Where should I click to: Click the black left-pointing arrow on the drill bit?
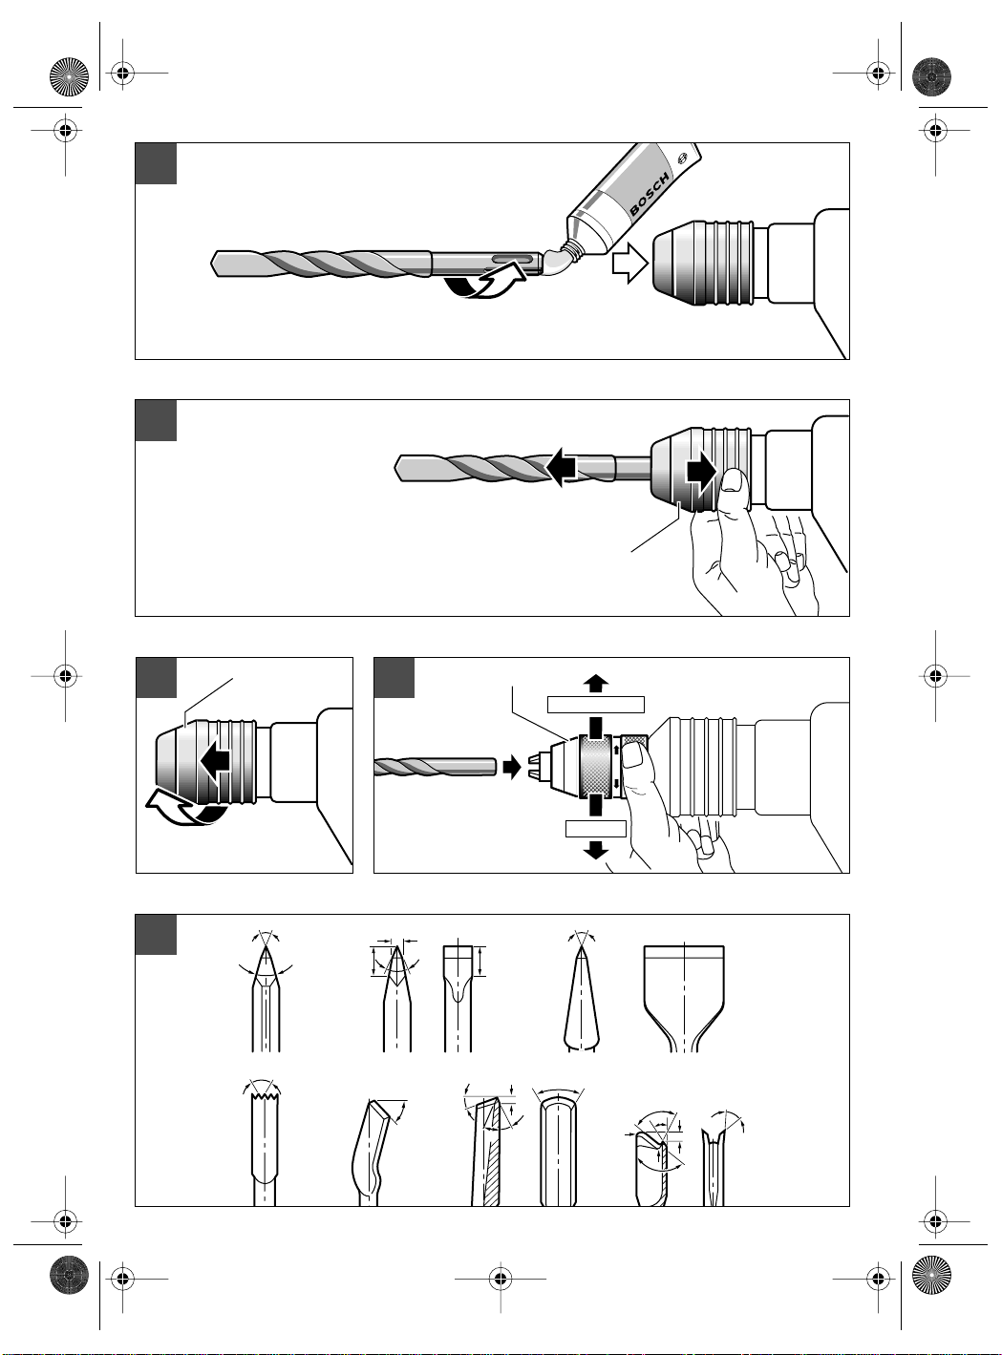pyautogui.click(x=560, y=468)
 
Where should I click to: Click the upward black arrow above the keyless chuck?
pyautogui.click(x=594, y=683)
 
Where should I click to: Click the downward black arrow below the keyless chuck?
pyautogui.click(x=594, y=850)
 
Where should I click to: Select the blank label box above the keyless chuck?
pyautogui.click(x=595, y=705)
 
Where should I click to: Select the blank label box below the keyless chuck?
pyautogui.click(x=595, y=829)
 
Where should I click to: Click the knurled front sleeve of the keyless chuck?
pyautogui.click(x=594, y=766)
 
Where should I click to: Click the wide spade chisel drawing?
pyautogui.click(x=684, y=999)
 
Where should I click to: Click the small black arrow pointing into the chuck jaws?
pyautogui.click(x=511, y=768)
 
